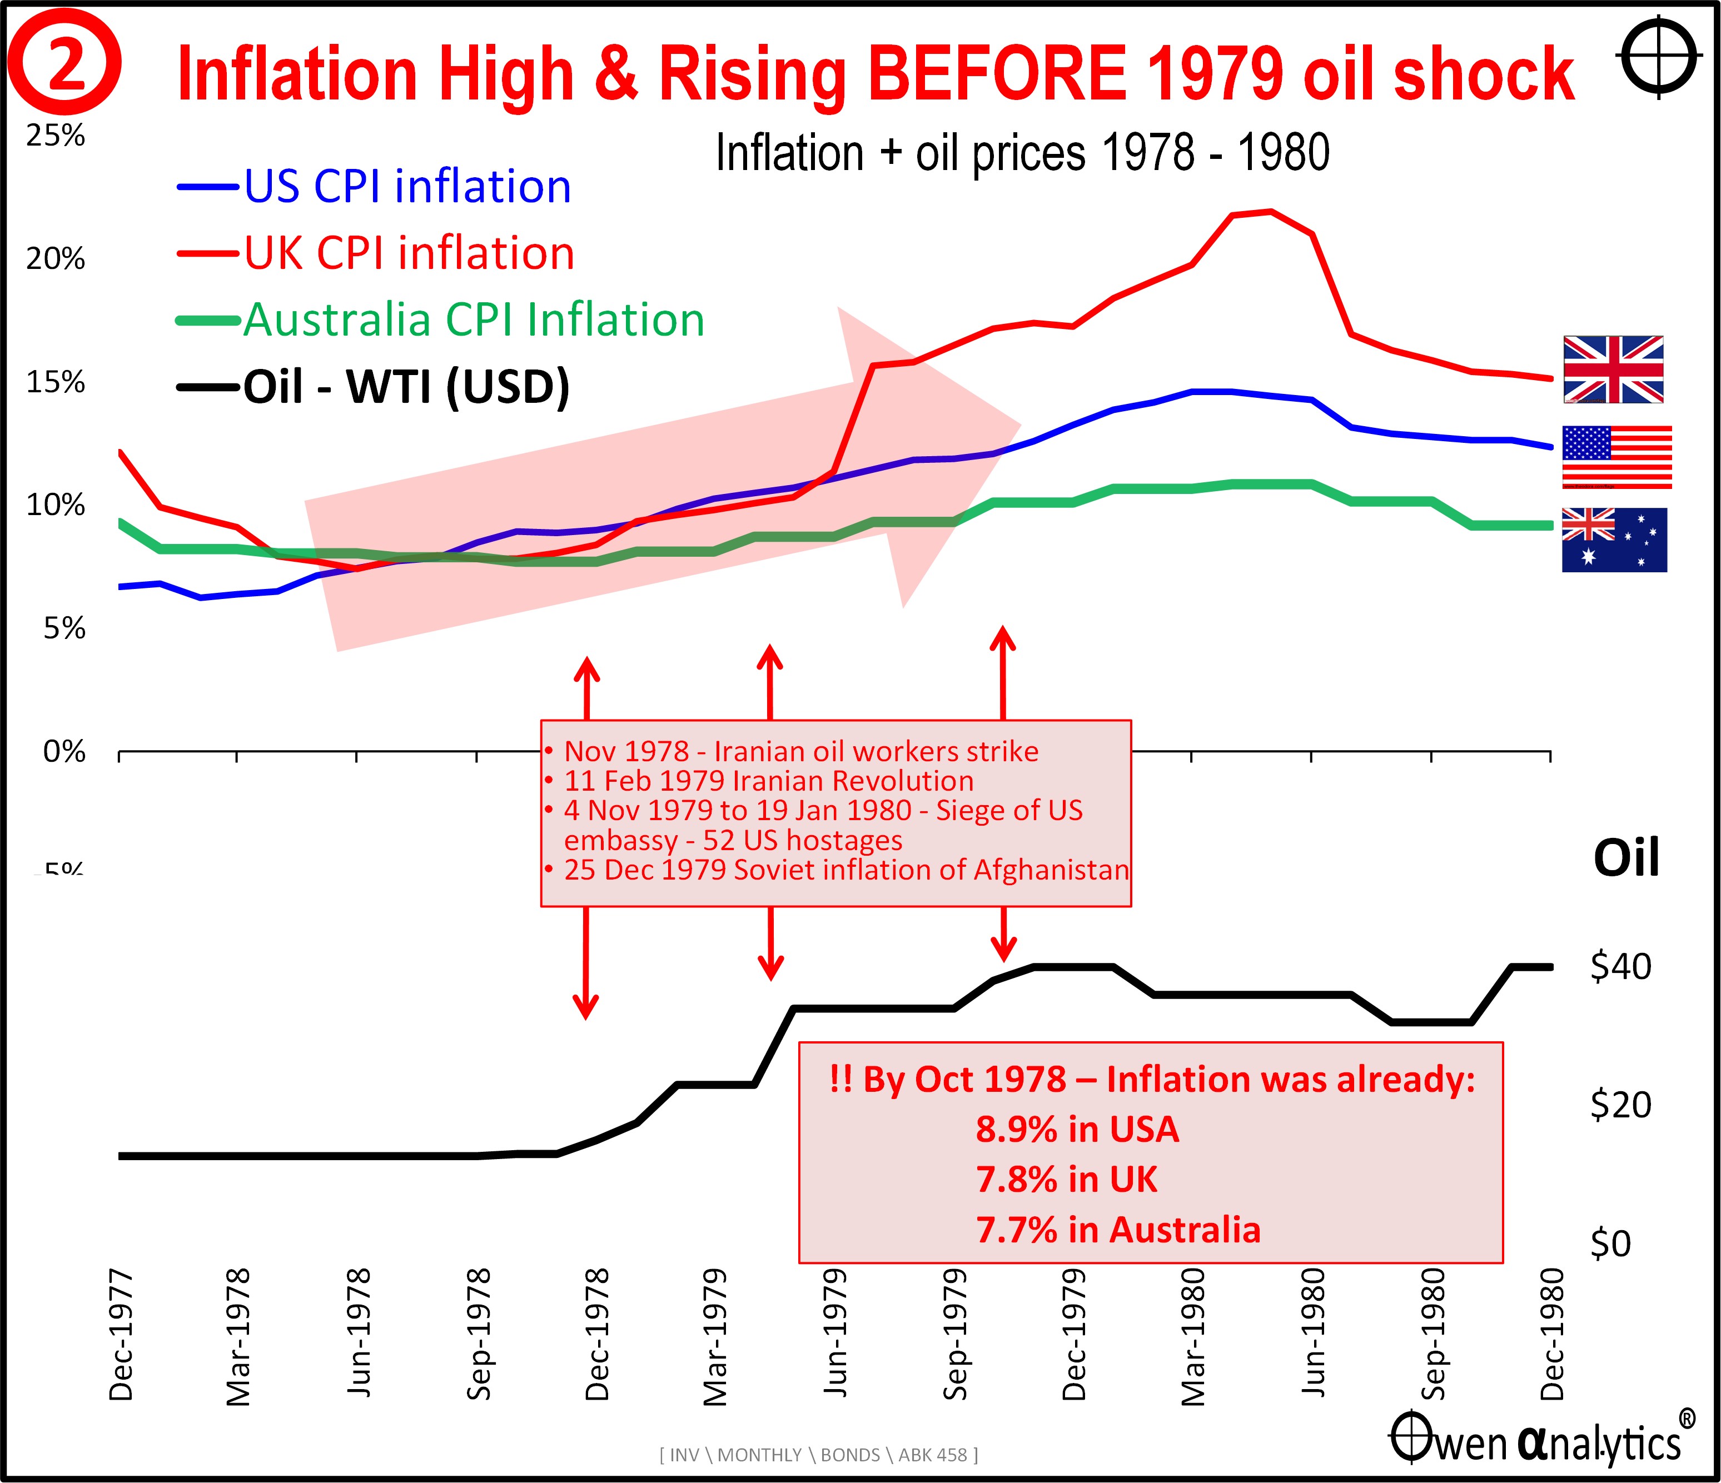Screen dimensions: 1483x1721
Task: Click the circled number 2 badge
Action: click(x=65, y=64)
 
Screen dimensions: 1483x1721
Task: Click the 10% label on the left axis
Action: click(x=56, y=505)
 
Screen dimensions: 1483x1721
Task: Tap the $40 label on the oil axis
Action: click(x=1620, y=966)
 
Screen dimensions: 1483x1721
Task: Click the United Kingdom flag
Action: click(x=1613, y=369)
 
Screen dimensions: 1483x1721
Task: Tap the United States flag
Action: click(x=1616, y=457)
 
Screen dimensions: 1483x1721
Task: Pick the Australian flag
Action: click(x=1614, y=540)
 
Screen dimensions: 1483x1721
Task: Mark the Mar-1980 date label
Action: click(x=1193, y=1337)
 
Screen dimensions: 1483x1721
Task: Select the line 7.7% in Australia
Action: click(x=1118, y=1230)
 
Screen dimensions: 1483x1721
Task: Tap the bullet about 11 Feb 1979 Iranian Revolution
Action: click(x=768, y=781)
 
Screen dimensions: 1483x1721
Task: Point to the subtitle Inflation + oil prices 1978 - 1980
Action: click(x=1022, y=153)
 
